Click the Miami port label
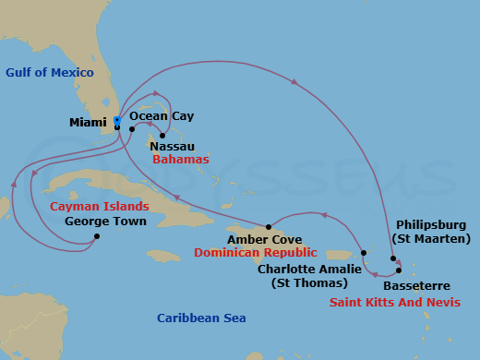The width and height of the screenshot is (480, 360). click(x=88, y=122)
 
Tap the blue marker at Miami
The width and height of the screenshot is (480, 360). click(x=117, y=121)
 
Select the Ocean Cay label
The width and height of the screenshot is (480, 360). click(x=162, y=116)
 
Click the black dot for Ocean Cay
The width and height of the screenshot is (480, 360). click(x=133, y=129)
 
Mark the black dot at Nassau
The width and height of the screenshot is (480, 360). click(x=162, y=135)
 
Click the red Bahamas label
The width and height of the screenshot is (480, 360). click(x=181, y=160)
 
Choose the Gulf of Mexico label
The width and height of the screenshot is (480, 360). click(x=49, y=73)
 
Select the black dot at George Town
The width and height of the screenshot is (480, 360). click(x=98, y=236)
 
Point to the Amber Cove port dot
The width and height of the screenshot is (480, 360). click(x=268, y=227)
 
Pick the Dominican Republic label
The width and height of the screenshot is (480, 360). click(x=256, y=252)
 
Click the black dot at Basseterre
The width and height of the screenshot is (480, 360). click(x=399, y=270)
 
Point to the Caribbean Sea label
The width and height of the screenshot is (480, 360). click(x=201, y=318)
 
